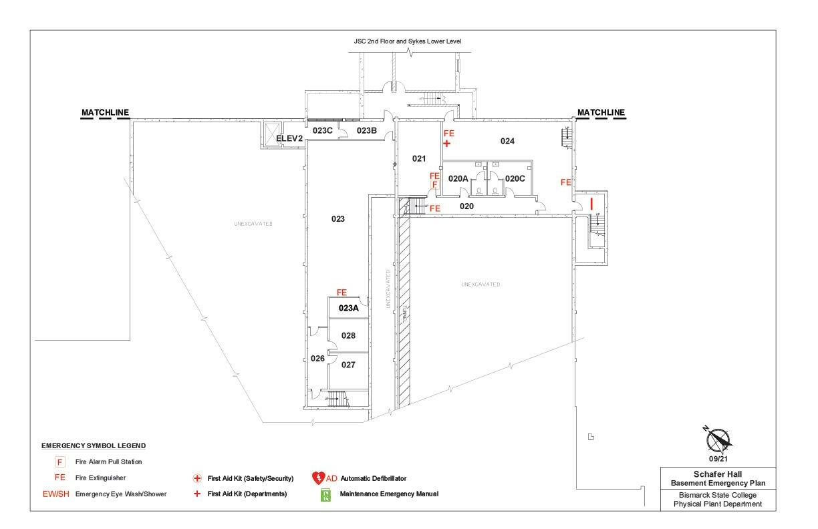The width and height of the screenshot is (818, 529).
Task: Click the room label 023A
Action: click(349, 308)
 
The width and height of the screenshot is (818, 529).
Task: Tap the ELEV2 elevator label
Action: click(290, 138)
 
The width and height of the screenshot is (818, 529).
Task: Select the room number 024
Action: click(508, 141)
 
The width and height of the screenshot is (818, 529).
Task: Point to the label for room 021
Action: click(419, 158)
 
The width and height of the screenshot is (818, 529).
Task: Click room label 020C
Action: click(515, 178)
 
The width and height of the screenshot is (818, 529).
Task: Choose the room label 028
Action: click(348, 335)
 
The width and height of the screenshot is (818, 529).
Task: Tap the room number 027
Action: click(348, 365)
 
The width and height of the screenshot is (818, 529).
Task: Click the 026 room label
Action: click(317, 359)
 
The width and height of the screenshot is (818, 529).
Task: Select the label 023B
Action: click(366, 130)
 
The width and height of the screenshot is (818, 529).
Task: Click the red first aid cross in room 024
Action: click(447, 144)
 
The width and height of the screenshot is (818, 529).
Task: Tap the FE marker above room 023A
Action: click(342, 293)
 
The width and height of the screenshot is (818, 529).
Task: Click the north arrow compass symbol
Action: click(718, 439)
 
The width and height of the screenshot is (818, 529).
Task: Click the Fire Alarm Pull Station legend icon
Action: click(60, 462)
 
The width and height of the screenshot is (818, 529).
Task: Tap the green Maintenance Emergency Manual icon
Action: click(326, 494)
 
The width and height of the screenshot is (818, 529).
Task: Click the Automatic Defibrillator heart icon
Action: click(318, 478)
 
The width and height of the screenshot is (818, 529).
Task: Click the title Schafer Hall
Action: click(718, 474)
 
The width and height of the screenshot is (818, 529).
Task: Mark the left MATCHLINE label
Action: click(105, 112)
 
